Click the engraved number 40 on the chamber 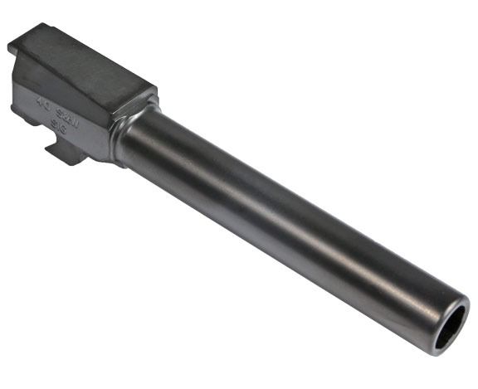click(x=42, y=105)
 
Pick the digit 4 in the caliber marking click(x=38, y=104)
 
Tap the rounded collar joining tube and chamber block click(x=124, y=133)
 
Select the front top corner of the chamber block click(x=154, y=88)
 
